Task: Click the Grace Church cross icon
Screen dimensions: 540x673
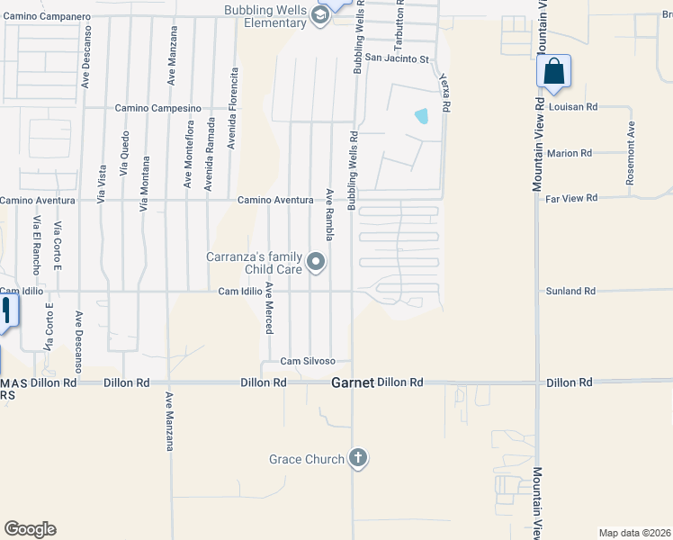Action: tap(358, 459)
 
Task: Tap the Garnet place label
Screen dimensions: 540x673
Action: tap(351, 382)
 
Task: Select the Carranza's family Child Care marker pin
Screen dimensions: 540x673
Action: tap(316, 262)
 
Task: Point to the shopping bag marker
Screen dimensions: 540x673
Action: tap(553, 72)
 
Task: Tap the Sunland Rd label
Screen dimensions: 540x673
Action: tap(570, 292)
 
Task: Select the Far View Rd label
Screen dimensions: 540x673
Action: tap(572, 197)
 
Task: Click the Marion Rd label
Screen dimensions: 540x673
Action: tap(569, 154)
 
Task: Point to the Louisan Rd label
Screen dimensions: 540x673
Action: tap(572, 106)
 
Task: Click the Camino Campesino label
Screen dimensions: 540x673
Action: tap(157, 108)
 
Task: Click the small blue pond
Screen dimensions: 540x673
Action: tap(421, 115)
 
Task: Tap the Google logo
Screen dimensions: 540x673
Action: tap(30, 529)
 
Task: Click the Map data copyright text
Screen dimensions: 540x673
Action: tap(634, 533)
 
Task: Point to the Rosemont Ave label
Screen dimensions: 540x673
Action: tap(632, 154)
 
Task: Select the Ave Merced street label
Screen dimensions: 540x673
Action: tap(268, 310)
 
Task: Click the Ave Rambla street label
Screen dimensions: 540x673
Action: tap(330, 214)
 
